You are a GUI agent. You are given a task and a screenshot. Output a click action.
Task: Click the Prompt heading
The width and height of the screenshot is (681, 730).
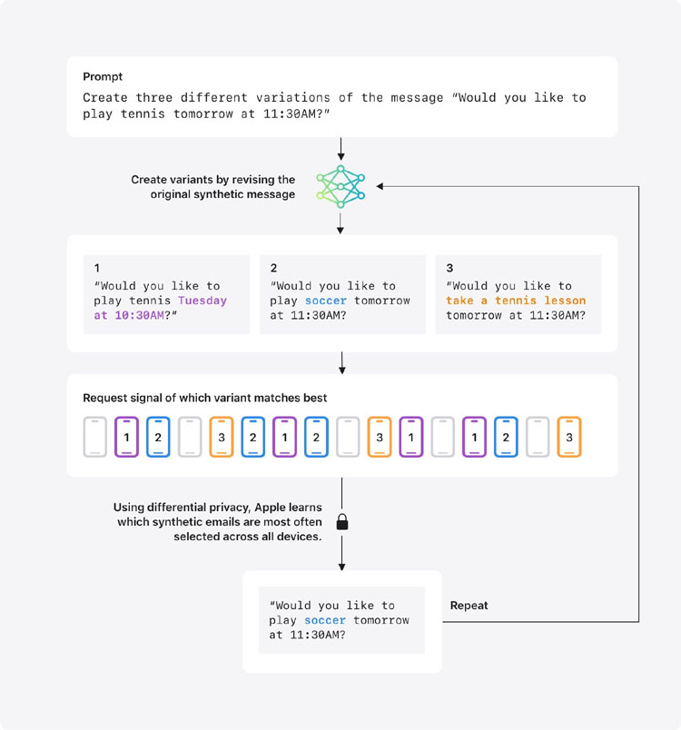(103, 76)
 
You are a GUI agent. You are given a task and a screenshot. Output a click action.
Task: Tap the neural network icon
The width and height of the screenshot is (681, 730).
(340, 186)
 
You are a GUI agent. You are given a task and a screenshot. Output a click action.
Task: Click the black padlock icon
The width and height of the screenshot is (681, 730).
(342, 522)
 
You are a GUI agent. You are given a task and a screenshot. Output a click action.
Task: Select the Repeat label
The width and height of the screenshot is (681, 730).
(469, 606)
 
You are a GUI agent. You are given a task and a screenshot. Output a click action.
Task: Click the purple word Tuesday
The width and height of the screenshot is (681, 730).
(202, 301)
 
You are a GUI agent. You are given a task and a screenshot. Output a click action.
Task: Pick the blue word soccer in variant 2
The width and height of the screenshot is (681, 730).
(326, 301)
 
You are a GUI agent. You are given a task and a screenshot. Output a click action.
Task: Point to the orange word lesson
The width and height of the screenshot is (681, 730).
(565, 301)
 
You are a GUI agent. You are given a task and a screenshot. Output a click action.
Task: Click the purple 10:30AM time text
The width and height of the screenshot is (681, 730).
(139, 315)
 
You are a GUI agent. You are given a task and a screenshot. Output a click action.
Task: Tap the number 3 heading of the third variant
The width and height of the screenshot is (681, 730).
(449, 268)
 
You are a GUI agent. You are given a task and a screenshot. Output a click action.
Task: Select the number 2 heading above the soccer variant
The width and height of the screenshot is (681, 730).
(273, 268)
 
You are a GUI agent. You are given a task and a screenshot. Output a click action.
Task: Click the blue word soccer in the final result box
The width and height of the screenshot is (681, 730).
(325, 620)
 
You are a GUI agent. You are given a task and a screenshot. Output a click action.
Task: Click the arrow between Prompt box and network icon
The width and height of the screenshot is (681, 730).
(341, 149)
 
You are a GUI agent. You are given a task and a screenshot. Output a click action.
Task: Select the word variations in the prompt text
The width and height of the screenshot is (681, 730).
(292, 97)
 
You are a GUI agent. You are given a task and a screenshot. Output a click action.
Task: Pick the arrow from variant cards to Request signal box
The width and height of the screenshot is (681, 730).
(342, 363)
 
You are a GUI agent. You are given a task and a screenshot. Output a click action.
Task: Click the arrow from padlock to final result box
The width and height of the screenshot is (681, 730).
(342, 553)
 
